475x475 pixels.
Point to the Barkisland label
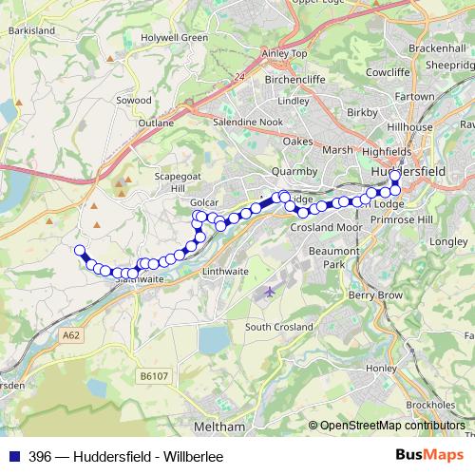[x=33, y=30]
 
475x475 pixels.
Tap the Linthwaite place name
[x=226, y=272]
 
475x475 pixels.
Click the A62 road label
[x=70, y=335]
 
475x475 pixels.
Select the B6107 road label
[x=151, y=376]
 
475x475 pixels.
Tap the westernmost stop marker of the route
[x=80, y=251]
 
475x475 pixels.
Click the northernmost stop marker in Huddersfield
[x=395, y=175]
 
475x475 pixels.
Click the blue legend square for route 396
[x=13, y=457]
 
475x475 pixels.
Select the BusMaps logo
[x=427, y=456]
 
